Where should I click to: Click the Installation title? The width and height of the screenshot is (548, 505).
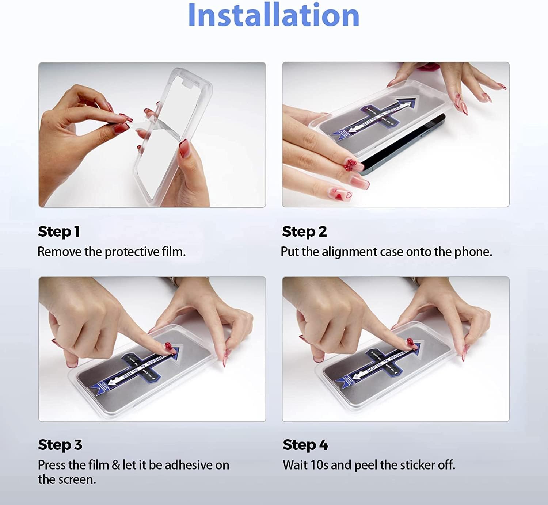pos(274,15)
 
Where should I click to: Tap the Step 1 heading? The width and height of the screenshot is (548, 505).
pos(59,232)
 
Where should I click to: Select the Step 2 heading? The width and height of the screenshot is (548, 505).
pos(304,232)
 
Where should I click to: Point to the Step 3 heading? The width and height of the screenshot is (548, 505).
pos(60,445)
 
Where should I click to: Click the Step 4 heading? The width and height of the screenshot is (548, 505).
pos(305,445)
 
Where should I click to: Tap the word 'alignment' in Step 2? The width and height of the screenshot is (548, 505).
pos(349,252)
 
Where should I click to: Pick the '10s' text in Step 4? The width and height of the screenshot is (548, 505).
pos(319,465)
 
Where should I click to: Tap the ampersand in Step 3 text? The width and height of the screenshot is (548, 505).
pos(115,465)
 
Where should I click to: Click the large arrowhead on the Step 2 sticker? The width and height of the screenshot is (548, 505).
pos(408,103)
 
